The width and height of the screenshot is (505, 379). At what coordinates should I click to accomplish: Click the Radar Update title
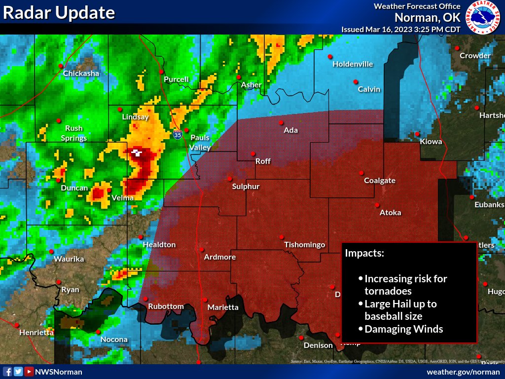pyautogui.click(x=59, y=13)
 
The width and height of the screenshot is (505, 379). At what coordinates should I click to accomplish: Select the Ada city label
pyautogui.click(x=290, y=130)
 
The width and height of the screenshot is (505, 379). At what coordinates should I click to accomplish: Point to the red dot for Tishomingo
pyautogui.click(x=282, y=237)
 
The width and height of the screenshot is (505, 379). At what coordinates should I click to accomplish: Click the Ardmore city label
pyautogui.click(x=220, y=257)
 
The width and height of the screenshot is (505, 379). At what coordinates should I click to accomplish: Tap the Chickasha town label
pyautogui.click(x=81, y=74)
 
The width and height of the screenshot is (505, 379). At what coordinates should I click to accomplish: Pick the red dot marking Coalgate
pyautogui.click(x=361, y=173)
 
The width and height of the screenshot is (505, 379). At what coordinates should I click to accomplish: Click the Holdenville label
pyautogui.click(x=353, y=64)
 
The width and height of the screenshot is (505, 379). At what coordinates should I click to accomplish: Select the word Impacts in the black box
pyautogui.click(x=364, y=253)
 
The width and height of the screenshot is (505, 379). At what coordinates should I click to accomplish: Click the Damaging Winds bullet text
pyautogui.click(x=403, y=329)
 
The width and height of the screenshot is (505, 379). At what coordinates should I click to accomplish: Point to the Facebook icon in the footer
pyautogui.click(x=7, y=372)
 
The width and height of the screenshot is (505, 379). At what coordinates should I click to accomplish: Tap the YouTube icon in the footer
pyautogui.click(x=29, y=372)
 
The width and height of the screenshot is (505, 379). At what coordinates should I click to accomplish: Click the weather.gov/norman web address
pyautogui.click(x=463, y=372)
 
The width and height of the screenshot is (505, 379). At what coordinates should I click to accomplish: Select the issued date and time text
pyautogui.click(x=401, y=29)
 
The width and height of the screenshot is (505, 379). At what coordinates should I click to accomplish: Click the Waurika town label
pyautogui.click(x=69, y=259)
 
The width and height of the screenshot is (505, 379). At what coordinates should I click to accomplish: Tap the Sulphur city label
pyautogui.click(x=246, y=187)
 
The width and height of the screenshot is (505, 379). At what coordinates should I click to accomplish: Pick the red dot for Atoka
pyautogui.click(x=377, y=205)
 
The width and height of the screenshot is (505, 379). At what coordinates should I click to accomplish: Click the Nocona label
pyautogui.click(x=114, y=340)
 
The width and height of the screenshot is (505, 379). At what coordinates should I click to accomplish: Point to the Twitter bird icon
pyautogui.click(x=18, y=372)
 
